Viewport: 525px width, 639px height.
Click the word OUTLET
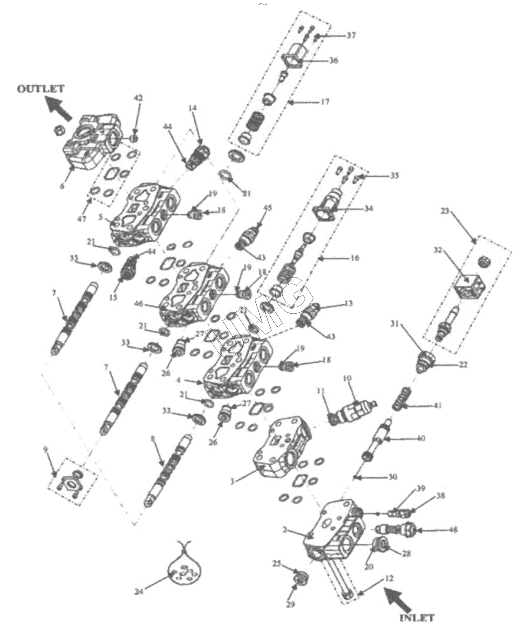click(40, 88)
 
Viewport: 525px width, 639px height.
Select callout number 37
click(350, 36)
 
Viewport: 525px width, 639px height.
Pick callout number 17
click(325, 102)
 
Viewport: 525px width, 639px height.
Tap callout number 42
click(138, 98)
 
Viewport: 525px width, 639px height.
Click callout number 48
click(452, 530)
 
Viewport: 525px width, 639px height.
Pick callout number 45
click(267, 208)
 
